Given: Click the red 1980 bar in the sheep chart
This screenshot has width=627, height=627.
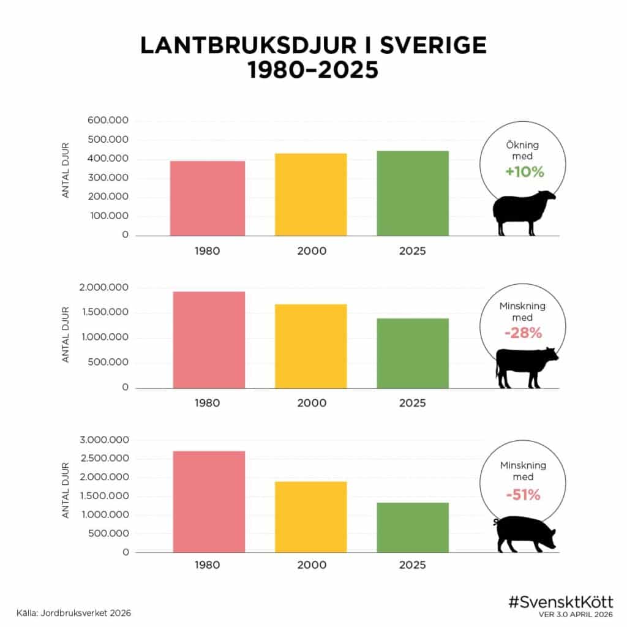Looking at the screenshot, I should coord(208,198).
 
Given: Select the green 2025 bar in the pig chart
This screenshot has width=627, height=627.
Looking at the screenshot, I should coord(413,527).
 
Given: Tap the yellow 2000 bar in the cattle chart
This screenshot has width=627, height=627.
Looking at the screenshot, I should coord(310,346).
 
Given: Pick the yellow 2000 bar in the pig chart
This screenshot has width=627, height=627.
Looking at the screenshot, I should coord(310,517).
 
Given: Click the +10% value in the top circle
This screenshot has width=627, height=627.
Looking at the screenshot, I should coord(524,172).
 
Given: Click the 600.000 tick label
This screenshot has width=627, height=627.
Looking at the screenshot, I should coord(108,121).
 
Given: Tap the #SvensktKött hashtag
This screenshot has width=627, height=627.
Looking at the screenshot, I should coord(561,601).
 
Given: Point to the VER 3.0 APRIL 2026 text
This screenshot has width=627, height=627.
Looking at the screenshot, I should coord(576,614).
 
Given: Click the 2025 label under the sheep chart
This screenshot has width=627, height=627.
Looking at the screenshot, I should coord(412,252).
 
